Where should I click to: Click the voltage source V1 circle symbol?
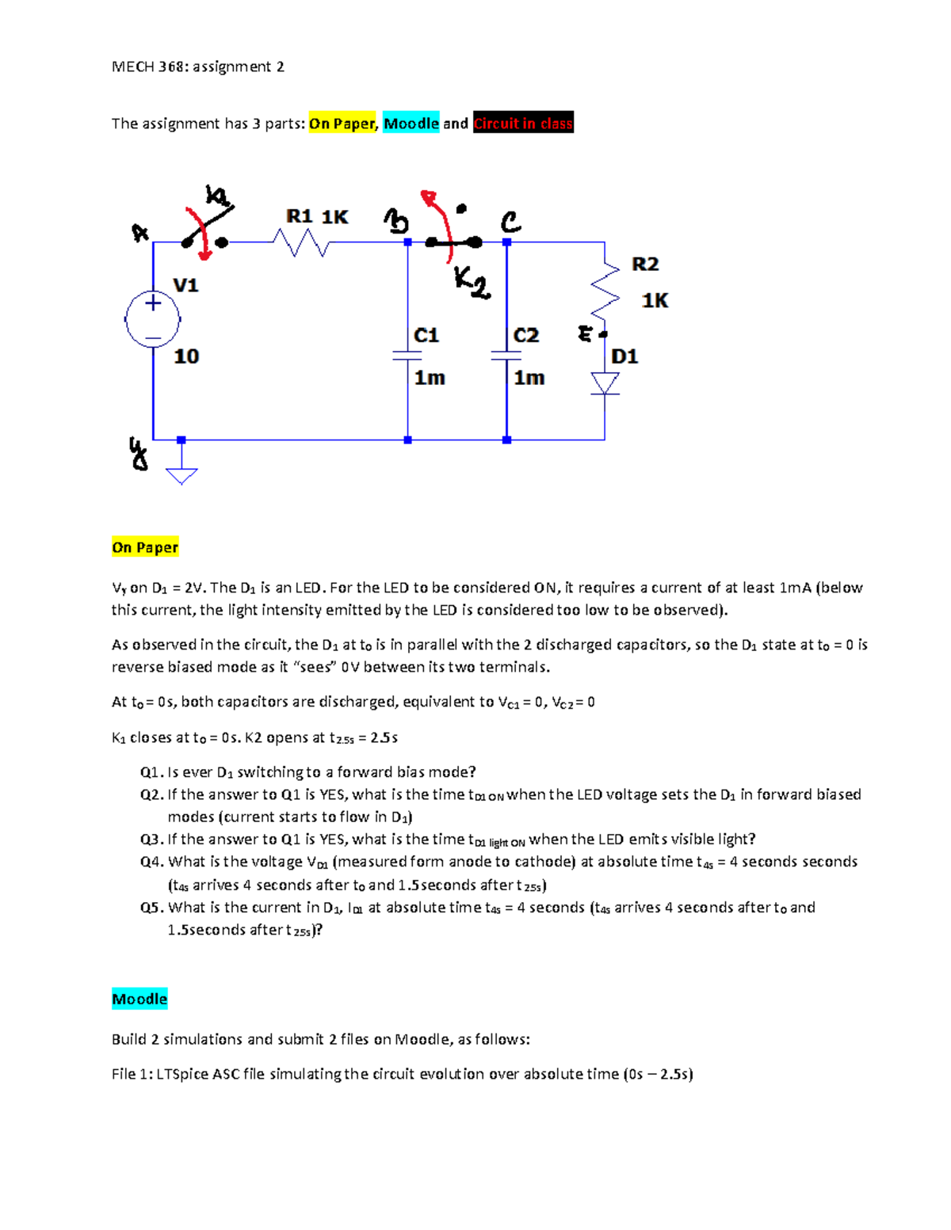(x=153, y=319)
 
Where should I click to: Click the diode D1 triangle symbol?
(x=605, y=383)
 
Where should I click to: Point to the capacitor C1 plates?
(x=407, y=356)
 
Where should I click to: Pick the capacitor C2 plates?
(x=506, y=356)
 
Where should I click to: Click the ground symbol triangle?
(x=181, y=475)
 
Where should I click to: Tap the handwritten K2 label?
(x=472, y=282)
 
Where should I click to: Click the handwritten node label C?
(x=510, y=221)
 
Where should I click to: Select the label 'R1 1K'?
(x=317, y=216)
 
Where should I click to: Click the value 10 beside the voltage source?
(x=186, y=356)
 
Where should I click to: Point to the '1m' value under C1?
(x=430, y=378)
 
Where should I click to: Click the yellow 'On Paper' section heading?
(x=145, y=547)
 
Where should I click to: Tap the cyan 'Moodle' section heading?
(x=139, y=999)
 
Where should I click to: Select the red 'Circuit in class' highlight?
(x=523, y=123)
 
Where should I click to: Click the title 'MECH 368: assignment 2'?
(x=198, y=67)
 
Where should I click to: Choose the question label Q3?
(x=151, y=839)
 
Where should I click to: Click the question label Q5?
(x=151, y=907)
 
